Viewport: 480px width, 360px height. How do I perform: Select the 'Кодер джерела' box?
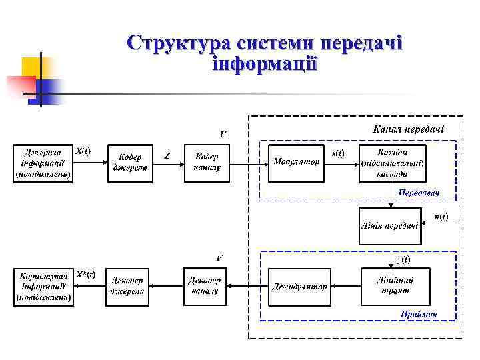pyautogui.click(x=131, y=163)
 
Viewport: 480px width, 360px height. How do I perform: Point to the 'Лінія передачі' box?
pyautogui.click(x=389, y=225)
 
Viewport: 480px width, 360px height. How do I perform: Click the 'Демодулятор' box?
pyautogui.click(x=299, y=287)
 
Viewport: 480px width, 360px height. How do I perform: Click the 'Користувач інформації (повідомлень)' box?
pyautogui.click(x=43, y=287)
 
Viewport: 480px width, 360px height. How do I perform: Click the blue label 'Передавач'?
pyautogui.click(x=419, y=193)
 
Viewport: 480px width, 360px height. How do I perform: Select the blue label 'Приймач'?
pyautogui.click(x=419, y=314)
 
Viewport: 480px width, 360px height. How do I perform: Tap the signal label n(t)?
pyautogui.click(x=441, y=216)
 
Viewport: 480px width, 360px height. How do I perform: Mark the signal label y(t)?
pyautogui.click(x=403, y=259)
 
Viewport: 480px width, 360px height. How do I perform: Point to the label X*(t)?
pyautogui.click(x=85, y=274)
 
